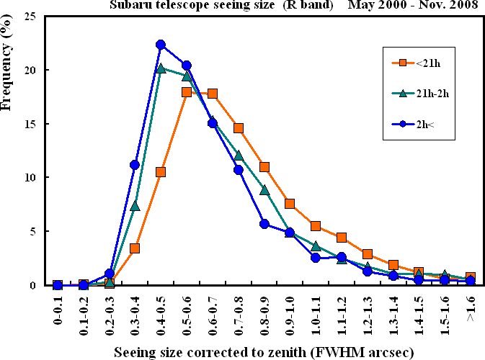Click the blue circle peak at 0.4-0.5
(x=161, y=45)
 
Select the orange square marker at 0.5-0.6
(x=187, y=92)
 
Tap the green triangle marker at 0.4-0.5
(x=161, y=68)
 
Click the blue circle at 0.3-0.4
(x=135, y=165)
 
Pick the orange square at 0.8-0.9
(x=264, y=167)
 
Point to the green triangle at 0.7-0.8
(x=239, y=156)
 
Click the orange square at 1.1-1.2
(x=342, y=238)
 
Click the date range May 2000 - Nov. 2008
(x=409, y=4)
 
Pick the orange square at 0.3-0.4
(x=135, y=248)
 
